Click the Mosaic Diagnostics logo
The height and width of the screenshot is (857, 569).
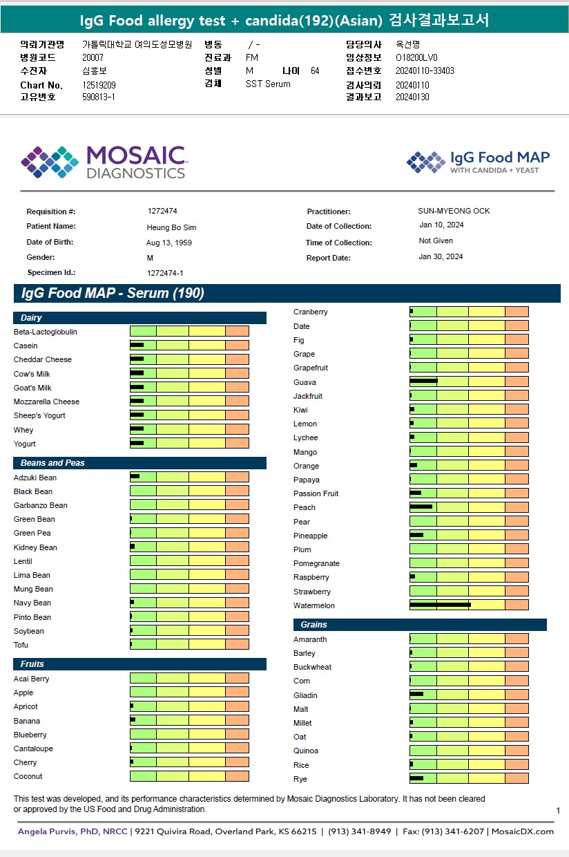[104, 162]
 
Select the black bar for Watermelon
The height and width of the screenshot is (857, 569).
[440, 605]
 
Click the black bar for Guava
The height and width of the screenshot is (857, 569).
[423, 381]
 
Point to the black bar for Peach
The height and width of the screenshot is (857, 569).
[421, 507]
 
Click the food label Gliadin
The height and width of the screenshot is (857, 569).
[305, 695]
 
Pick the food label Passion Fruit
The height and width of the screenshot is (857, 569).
[316, 493]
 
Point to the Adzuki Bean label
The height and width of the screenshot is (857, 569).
[35, 478]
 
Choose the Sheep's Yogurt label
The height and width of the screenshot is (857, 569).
[39, 415]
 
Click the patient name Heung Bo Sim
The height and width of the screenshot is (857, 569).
[171, 227]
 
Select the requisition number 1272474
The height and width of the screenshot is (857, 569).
[162, 211]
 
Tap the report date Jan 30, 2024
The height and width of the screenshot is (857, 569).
[441, 256]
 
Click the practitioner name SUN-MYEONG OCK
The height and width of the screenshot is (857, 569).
[454, 211]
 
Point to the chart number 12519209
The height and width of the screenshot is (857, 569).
[99, 85]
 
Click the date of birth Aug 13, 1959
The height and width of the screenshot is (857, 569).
[169, 243]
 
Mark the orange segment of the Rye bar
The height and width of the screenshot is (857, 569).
[517, 778]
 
